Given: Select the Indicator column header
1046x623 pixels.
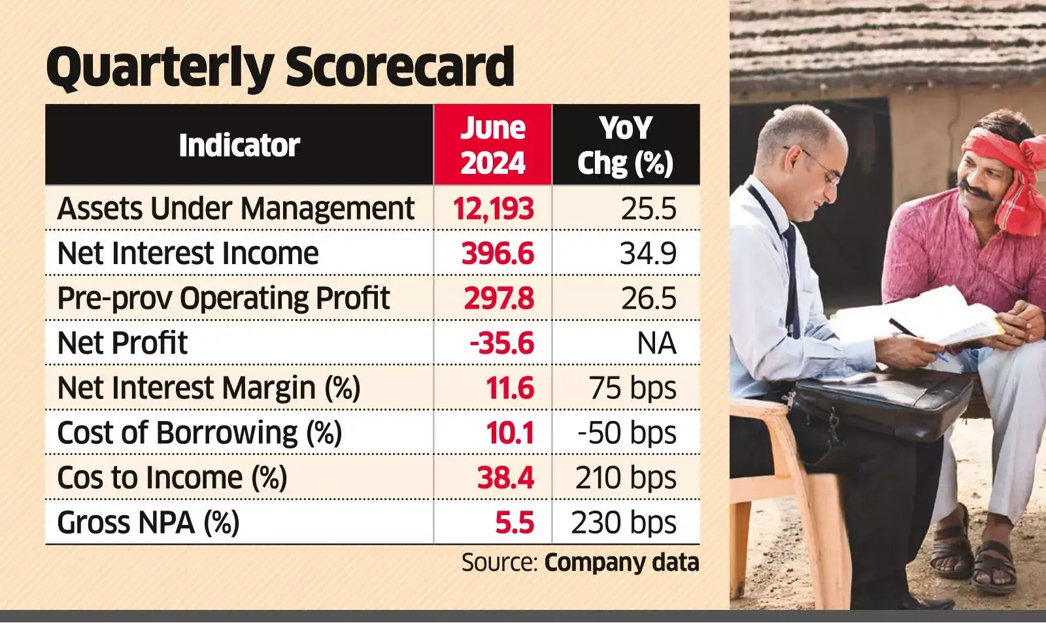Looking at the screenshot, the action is click(x=239, y=145).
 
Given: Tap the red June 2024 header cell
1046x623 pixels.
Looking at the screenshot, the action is click(x=493, y=144).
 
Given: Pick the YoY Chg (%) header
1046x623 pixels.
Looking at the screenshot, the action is click(x=625, y=146).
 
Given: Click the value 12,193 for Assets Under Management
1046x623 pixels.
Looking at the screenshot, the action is click(x=493, y=209).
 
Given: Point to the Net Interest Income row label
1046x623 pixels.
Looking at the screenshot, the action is click(x=188, y=253).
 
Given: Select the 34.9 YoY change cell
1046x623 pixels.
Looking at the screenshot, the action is click(x=648, y=253).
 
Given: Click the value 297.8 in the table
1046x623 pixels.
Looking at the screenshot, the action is click(x=499, y=298).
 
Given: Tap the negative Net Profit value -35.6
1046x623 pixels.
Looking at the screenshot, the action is click(x=502, y=343).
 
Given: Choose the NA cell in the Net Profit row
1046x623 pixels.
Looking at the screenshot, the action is click(x=656, y=343).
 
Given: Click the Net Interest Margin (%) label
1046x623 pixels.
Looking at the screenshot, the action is click(x=209, y=388).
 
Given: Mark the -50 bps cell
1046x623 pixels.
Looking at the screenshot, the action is click(x=627, y=433).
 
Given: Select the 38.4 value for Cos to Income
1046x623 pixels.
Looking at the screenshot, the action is click(x=506, y=478).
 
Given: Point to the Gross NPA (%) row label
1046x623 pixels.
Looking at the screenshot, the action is click(x=148, y=522).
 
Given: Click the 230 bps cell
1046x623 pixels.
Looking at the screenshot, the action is click(x=624, y=522).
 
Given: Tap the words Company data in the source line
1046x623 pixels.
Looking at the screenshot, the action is click(x=622, y=562).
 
